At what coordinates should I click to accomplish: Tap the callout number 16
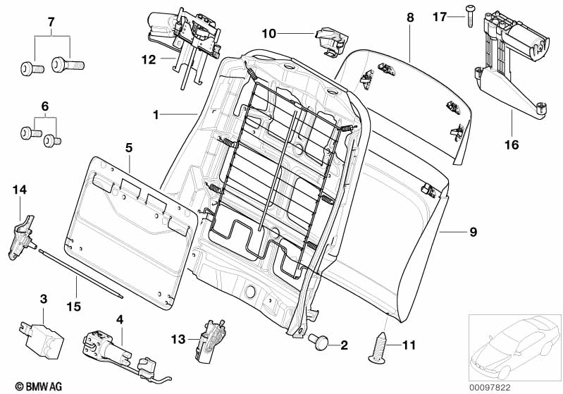511,145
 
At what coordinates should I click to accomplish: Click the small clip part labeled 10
329,39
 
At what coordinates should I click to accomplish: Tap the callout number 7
50,22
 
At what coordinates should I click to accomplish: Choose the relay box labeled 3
41,330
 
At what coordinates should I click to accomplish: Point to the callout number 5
129,148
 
